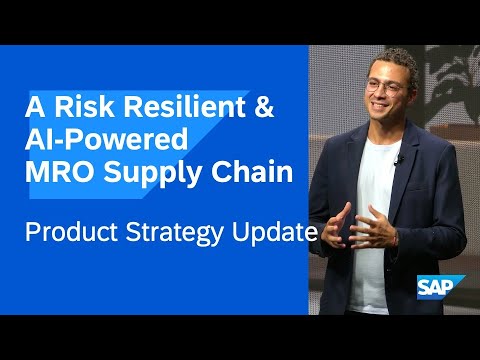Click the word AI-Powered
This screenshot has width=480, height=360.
pyautogui.click(x=95, y=141)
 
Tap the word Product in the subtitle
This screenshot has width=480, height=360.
pyautogui.click(x=69, y=234)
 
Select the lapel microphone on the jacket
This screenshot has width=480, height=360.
pyautogui.click(x=399, y=159)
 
